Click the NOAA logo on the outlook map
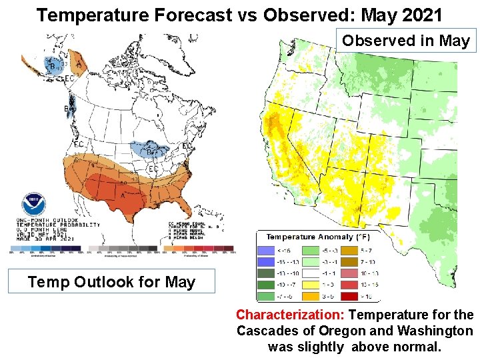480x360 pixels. [33, 205]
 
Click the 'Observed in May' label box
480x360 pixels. [406, 41]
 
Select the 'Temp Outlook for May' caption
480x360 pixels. [111, 282]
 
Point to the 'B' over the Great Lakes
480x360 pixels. [150, 152]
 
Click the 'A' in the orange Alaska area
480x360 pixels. [79, 65]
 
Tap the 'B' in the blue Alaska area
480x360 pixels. [52, 66]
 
